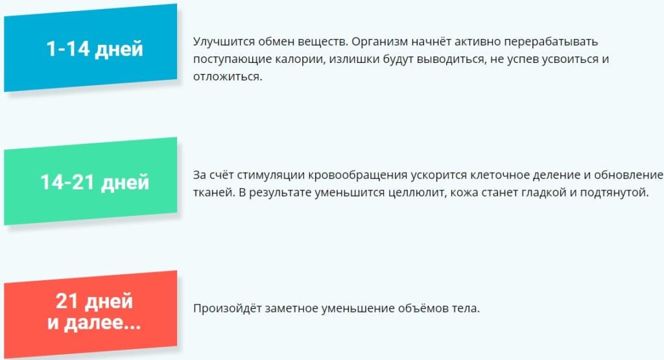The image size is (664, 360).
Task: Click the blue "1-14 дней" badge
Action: [91, 47]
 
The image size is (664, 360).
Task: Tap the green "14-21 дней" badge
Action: [91, 181]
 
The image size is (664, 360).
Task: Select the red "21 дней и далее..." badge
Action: [91, 315]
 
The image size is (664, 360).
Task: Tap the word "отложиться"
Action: [228, 77]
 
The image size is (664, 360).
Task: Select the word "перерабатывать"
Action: [551, 42]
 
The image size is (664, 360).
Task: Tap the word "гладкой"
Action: [541, 193]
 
